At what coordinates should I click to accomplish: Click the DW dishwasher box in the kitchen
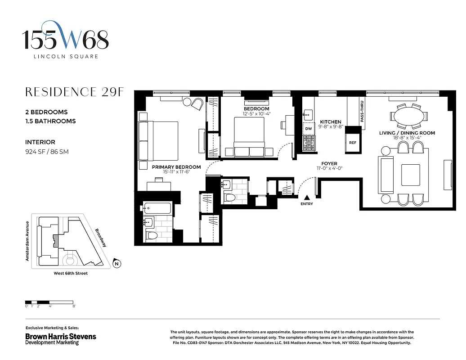point(309,129)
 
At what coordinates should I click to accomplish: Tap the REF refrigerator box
point(353,143)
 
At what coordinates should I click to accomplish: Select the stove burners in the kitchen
point(309,143)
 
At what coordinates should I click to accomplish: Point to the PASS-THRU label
point(362,112)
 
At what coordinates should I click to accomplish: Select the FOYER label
point(329,164)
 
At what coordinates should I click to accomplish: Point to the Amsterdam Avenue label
point(27,241)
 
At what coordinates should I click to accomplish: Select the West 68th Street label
point(67,274)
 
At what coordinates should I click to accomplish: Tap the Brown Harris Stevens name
point(60,336)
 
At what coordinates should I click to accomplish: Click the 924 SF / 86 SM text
point(47,152)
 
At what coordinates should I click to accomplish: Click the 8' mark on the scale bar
point(74,306)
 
